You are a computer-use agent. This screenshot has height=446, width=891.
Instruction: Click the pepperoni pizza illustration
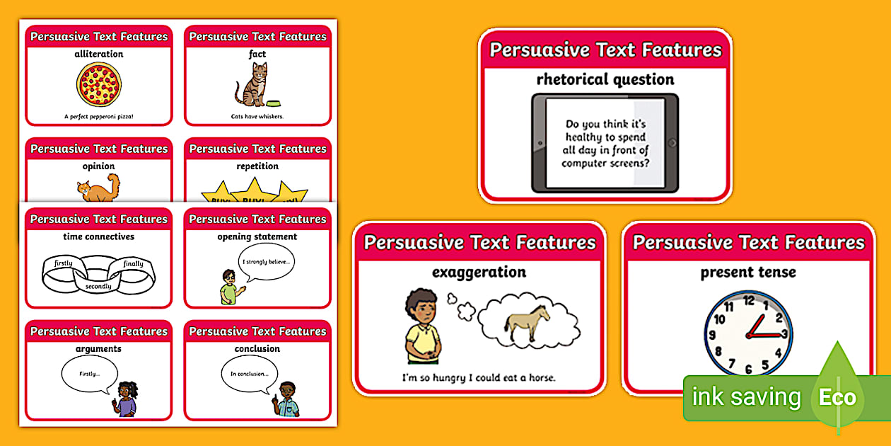[98, 84]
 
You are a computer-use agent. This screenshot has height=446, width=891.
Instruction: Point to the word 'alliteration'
[98, 54]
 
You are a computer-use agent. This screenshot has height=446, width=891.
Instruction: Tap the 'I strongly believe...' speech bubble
[266, 262]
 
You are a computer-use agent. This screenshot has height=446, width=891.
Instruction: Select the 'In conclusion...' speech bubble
[249, 374]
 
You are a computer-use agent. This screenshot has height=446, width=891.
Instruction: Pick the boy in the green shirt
[229, 287]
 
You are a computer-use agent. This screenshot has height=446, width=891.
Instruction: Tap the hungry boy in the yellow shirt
[423, 326]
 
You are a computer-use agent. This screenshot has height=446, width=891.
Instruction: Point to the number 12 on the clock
[748, 301]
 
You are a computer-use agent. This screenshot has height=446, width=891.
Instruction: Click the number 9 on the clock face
[715, 334]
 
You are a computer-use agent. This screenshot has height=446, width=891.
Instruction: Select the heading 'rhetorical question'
[605, 79]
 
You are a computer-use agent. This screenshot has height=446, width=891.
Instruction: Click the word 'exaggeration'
[479, 272]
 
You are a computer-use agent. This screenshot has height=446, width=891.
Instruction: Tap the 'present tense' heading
[748, 272]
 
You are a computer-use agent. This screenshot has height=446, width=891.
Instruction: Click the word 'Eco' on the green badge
[837, 397]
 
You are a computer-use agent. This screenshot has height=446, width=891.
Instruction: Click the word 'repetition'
[257, 166]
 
